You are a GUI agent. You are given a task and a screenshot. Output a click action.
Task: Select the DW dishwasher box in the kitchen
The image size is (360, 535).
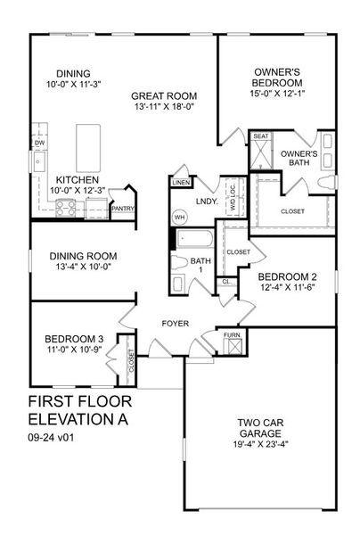40,142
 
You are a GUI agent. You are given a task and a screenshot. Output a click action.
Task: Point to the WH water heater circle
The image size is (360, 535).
179,217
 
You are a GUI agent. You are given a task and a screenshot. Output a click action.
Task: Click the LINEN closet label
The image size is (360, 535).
177,183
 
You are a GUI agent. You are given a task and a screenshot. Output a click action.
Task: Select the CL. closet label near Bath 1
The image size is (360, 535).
226,282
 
